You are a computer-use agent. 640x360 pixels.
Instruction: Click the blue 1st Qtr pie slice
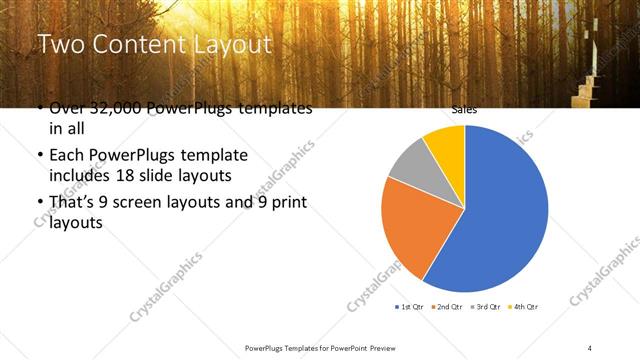500,210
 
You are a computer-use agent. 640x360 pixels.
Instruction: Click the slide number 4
590,347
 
